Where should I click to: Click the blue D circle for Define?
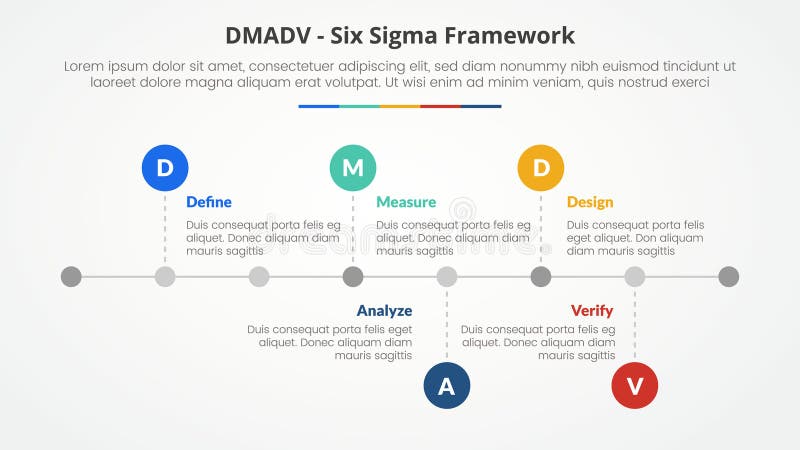[165, 168]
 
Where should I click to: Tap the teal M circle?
[353, 168]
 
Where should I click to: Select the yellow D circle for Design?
[541, 168]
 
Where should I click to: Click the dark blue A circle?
[447, 386]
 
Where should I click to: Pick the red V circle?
[635, 386]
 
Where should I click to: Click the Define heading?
[209, 202]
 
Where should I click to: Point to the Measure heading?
[406, 202]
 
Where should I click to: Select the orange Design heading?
[590, 202]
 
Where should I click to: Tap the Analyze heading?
[384, 310]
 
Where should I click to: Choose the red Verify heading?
[592, 310]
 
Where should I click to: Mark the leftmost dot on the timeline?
[71, 276]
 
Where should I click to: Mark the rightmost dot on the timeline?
[729, 276]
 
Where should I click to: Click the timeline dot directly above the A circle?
[447, 276]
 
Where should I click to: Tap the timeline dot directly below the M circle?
[353, 276]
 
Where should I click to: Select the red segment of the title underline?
[440, 106]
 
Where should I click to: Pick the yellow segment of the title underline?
[400, 106]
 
